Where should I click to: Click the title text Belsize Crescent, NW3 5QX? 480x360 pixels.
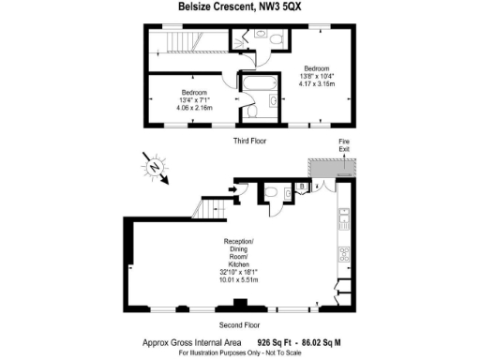[x=240, y=7]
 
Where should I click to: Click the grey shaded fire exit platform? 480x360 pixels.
[x=335, y=166]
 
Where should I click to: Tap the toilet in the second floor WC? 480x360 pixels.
[x=270, y=193]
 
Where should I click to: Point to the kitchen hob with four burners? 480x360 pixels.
[x=344, y=254]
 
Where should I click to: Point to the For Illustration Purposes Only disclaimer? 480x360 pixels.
[x=240, y=353]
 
